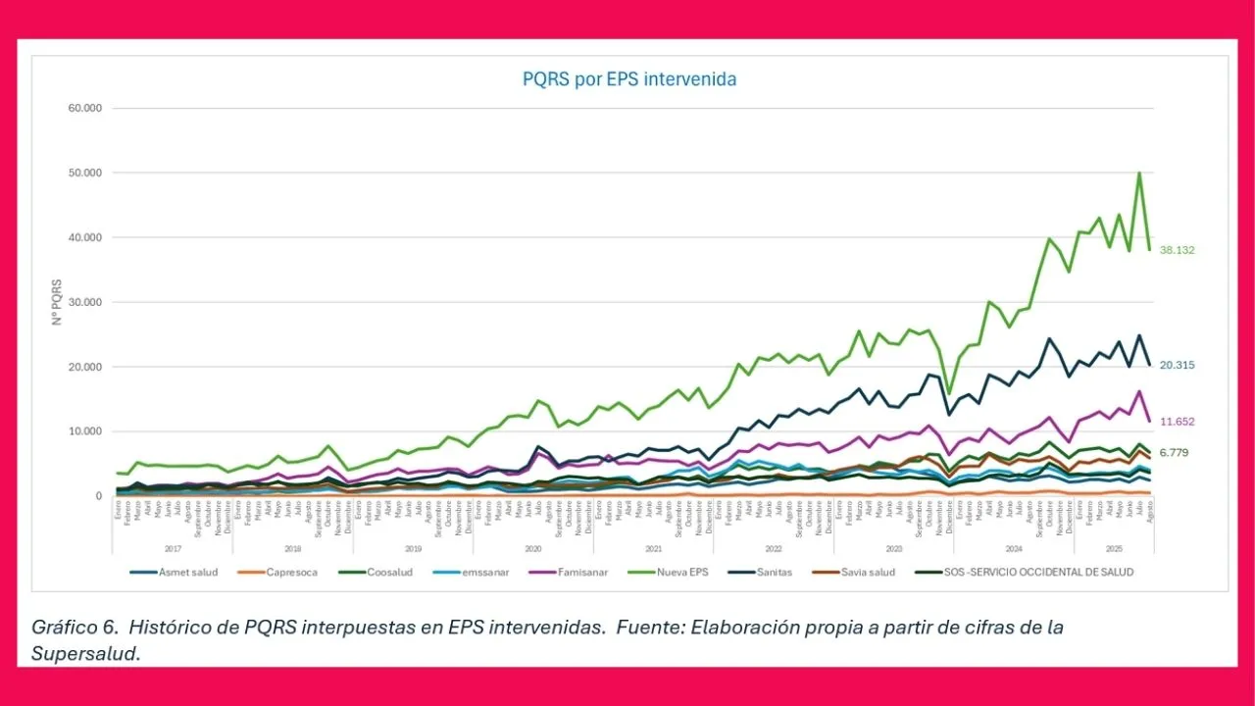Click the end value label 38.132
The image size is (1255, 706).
pos(1177,250)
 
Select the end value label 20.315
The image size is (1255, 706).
pos(1177,365)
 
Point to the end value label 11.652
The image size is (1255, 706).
pos(1177,422)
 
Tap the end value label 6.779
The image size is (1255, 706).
pos(1177,452)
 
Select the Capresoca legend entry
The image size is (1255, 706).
pos(291,572)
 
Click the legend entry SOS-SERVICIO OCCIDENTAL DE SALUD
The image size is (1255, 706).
pos(1037,572)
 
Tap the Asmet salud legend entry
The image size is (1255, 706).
pos(188,572)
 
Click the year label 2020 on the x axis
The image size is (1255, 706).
pos(533,549)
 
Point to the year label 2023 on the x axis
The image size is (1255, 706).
pos(893,549)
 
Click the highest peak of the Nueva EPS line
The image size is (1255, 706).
pos(1139,174)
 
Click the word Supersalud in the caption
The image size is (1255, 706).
pos(85,654)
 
